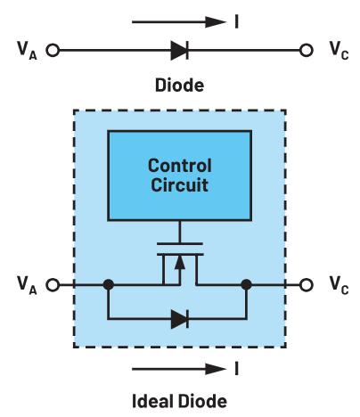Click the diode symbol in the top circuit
pyautogui.click(x=179, y=51)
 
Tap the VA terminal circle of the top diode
pyautogui.click(x=53, y=50)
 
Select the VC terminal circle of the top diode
pyautogui.click(x=306, y=50)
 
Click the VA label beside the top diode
pyautogui.click(x=27, y=51)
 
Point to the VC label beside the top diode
pyautogui.click(x=339, y=51)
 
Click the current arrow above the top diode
pyautogui.click(x=179, y=22)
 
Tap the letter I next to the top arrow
pyautogui.click(x=236, y=21)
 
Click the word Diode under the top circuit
pyautogui.click(x=179, y=85)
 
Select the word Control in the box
pyautogui.click(x=180, y=166)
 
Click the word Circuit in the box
pyautogui.click(x=179, y=184)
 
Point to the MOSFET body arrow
pyautogui.click(x=179, y=264)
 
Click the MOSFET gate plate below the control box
pyautogui.click(x=180, y=243)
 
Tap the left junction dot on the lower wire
pyautogui.click(x=109, y=284)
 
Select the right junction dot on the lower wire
pyautogui.click(x=246, y=284)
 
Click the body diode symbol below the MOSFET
pyautogui.click(x=180, y=319)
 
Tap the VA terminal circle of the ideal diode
pyautogui.click(x=53, y=285)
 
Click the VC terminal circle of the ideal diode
pyautogui.click(x=306, y=285)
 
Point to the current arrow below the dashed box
pyautogui.click(x=179, y=369)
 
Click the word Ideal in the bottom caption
pyautogui.click(x=150, y=401)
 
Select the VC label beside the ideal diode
pyautogui.click(x=339, y=285)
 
